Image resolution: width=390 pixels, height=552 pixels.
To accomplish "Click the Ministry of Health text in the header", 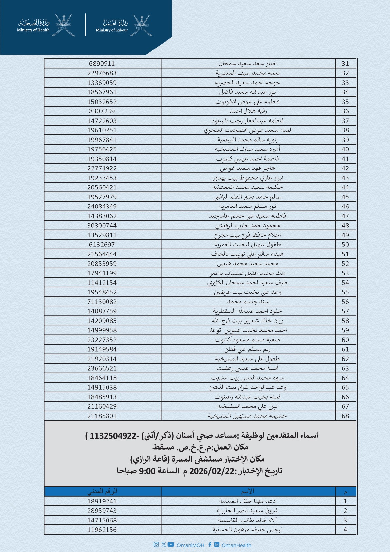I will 33,30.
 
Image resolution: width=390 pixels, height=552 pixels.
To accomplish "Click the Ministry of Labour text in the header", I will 112,30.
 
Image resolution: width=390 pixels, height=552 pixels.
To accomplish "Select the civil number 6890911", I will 102,64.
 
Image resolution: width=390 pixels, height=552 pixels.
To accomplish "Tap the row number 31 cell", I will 345,64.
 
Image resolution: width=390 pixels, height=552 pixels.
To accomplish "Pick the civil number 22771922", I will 102,168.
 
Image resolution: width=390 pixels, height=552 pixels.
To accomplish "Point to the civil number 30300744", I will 102,226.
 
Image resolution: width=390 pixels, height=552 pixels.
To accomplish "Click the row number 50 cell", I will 345,245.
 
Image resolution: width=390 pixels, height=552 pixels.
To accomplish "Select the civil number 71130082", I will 102,302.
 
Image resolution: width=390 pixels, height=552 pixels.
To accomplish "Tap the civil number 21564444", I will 102,254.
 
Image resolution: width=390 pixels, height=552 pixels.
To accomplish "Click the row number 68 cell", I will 345,416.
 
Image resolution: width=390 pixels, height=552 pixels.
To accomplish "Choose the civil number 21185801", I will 102,416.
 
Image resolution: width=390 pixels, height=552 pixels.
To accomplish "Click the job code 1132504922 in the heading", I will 113,436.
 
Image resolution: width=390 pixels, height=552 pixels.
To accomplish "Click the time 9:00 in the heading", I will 147,471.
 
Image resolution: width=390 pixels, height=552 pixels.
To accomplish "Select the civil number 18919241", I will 102,501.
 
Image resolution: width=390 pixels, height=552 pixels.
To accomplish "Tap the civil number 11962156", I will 102,530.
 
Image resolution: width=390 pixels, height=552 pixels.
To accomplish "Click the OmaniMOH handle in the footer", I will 190,545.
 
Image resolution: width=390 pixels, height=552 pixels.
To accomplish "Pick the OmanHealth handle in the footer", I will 236,545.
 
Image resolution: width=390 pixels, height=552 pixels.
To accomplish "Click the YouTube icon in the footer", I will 171,545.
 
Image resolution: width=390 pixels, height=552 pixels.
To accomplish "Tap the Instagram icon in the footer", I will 156,545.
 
